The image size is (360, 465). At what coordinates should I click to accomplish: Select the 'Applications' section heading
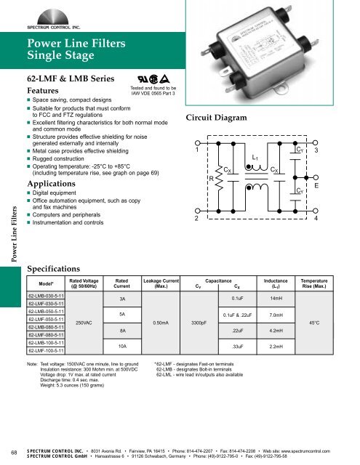pyautogui.click(x=54, y=185)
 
